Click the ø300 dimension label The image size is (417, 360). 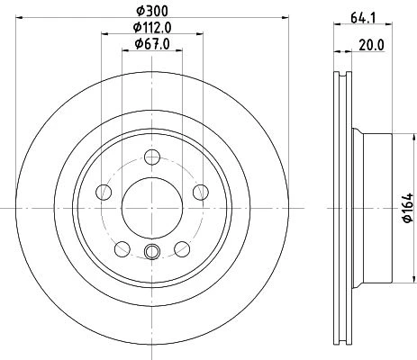152,11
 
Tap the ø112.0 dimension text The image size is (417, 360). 152,28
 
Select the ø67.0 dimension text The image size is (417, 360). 152,44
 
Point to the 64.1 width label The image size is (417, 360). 364,18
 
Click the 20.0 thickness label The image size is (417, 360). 372,45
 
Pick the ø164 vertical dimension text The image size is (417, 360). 407,208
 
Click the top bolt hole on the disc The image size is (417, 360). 152,157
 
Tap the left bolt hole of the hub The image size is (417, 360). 104,192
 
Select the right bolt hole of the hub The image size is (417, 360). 201,192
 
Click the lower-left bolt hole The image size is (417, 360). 122,249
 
